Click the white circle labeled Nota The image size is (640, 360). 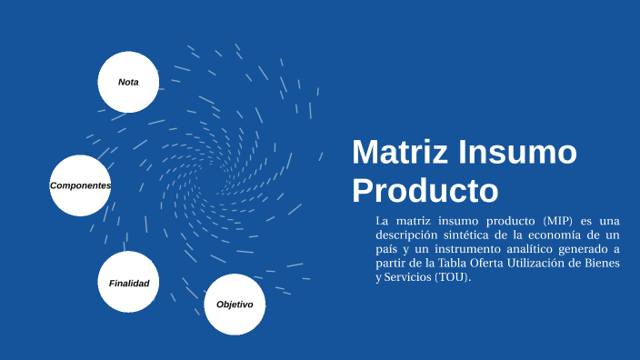[128, 82]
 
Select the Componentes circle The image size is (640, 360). [80, 185]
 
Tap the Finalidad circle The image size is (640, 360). [128, 283]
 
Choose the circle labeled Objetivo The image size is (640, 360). [235, 304]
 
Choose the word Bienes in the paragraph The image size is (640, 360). [601, 264]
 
